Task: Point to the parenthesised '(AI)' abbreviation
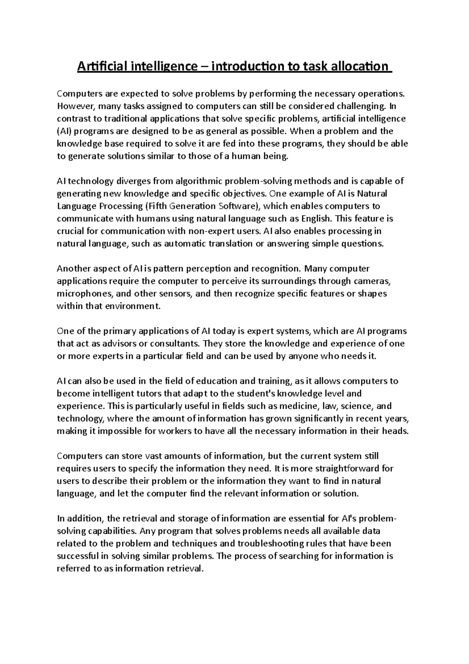[64, 131]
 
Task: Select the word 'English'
[316, 219]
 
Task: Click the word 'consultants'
[178, 344]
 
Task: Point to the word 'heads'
[396, 431]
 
